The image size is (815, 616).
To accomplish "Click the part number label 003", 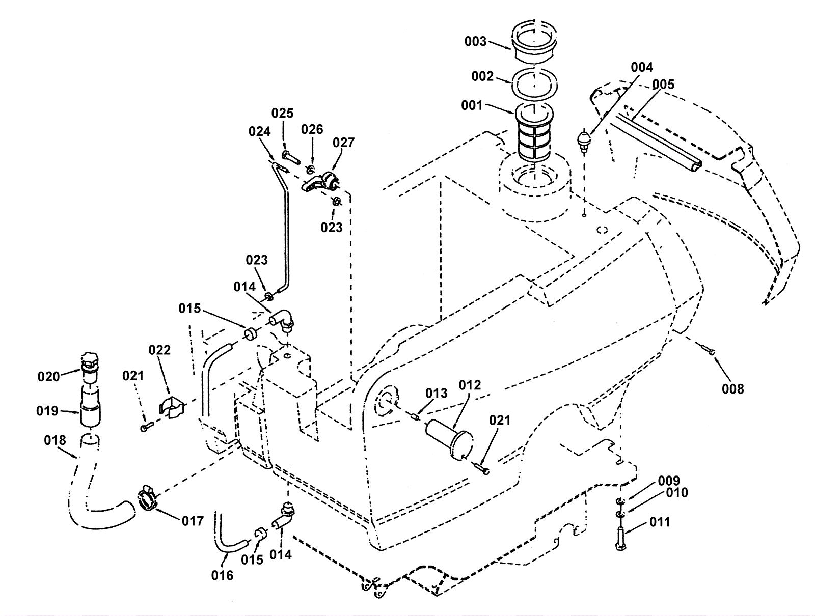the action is point(475,42).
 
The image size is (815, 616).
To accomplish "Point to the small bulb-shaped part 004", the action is point(585,141).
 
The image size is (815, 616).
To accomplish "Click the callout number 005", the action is point(663,85).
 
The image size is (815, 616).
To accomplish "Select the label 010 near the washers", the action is point(677,493).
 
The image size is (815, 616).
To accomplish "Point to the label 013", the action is point(437,393).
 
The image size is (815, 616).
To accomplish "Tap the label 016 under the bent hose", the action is point(222,576).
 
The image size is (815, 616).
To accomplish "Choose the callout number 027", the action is point(343,143).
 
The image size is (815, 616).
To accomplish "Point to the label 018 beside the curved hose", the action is point(55,440).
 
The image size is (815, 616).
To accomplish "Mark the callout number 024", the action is point(260,131).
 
